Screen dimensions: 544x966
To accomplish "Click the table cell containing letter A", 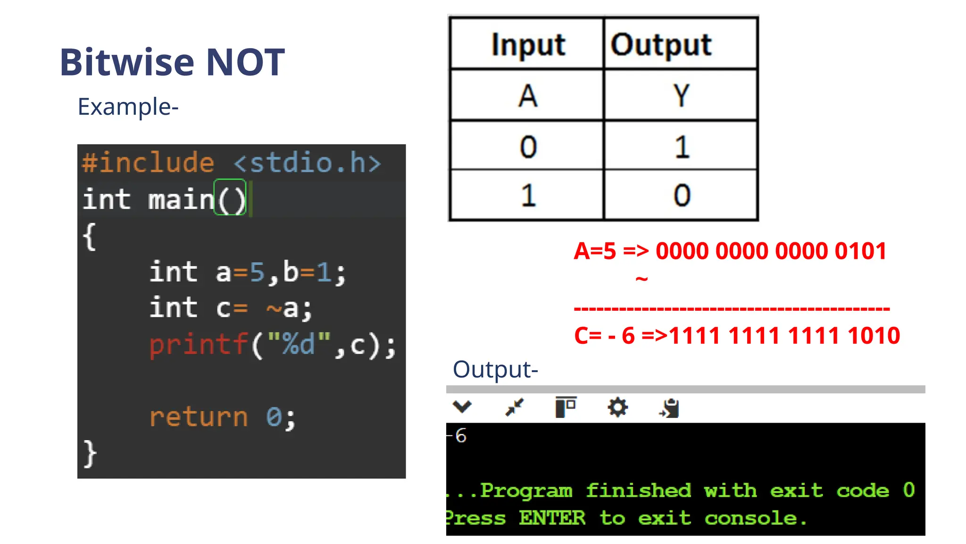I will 527,96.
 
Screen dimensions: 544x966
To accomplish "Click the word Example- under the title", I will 128,107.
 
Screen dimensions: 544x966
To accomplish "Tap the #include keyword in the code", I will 148,163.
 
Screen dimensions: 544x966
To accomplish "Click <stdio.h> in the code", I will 307,163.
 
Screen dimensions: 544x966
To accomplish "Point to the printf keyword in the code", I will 199,344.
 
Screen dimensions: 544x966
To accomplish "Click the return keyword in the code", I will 199,417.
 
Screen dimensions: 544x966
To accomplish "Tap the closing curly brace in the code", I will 90,453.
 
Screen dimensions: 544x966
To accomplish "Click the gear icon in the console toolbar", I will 617,408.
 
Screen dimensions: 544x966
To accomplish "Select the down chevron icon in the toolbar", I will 462,406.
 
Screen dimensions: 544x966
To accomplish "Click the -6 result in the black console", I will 458,435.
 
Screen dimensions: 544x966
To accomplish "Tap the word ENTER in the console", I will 552,518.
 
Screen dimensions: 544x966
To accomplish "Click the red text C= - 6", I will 604,336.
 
